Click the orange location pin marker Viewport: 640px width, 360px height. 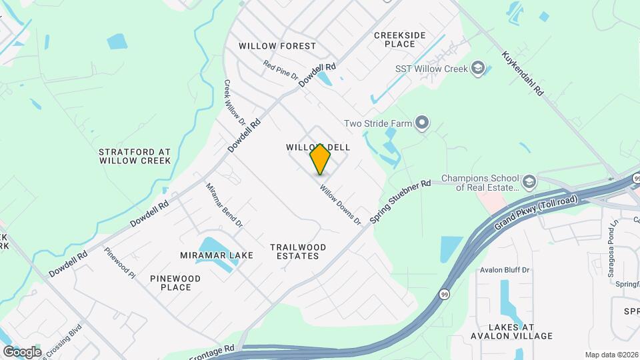[x=321, y=159]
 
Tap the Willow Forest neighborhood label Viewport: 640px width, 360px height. [x=277, y=46]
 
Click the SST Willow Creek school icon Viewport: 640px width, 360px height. [x=477, y=67]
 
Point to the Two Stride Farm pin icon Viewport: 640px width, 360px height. [x=421, y=123]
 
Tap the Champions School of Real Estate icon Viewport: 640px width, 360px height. [x=529, y=181]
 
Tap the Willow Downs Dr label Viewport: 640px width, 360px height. [x=339, y=204]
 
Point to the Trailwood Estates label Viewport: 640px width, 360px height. [x=298, y=251]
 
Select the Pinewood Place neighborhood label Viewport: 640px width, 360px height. [x=175, y=283]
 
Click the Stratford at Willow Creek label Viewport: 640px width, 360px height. [x=135, y=156]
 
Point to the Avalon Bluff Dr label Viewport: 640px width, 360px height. [x=505, y=270]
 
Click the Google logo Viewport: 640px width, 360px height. [x=22, y=351]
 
